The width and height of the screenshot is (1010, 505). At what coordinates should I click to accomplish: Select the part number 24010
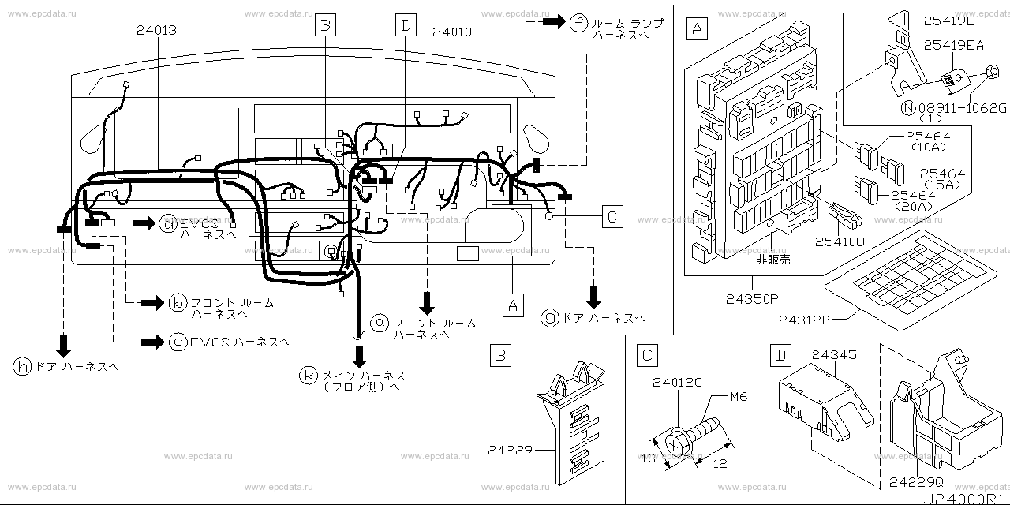(x=452, y=32)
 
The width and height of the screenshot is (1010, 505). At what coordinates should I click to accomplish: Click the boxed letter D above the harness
(x=406, y=25)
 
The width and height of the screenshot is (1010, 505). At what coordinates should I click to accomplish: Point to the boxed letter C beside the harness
(x=612, y=215)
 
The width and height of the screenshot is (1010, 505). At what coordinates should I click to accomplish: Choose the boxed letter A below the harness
(x=513, y=303)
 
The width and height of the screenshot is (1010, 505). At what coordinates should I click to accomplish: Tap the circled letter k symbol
(x=308, y=376)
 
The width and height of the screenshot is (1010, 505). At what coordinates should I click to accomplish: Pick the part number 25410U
(x=840, y=243)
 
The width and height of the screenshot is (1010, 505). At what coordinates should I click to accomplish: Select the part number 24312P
(x=804, y=320)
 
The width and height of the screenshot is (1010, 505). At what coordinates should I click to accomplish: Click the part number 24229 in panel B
(x=506, y=451)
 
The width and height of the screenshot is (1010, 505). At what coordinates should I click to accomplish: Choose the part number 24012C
(x=676, y=383)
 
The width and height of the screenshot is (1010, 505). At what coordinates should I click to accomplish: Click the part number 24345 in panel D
(x=834, y=356)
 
